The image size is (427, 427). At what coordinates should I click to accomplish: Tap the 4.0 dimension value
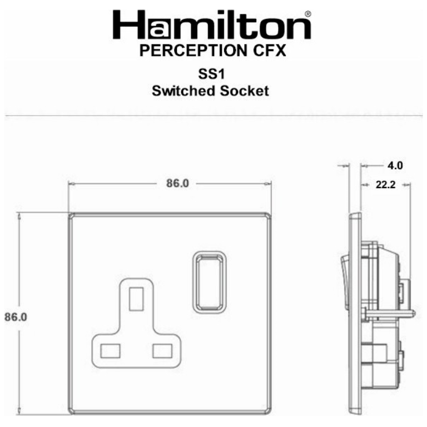point(395,165)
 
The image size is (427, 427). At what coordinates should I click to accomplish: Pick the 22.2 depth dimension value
point(385,185)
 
